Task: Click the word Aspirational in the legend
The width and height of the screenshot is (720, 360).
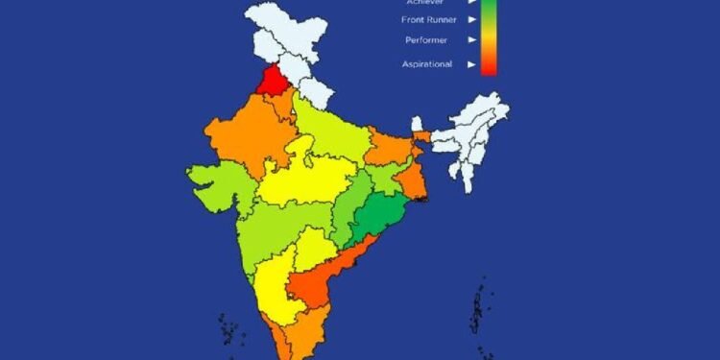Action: point(426,64)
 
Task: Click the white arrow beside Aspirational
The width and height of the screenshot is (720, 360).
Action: point(471,64)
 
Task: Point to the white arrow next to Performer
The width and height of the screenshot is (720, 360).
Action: point(471,40)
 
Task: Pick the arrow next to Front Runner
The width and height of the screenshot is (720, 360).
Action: point(471,16)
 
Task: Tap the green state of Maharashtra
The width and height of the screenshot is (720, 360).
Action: point(274,230)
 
